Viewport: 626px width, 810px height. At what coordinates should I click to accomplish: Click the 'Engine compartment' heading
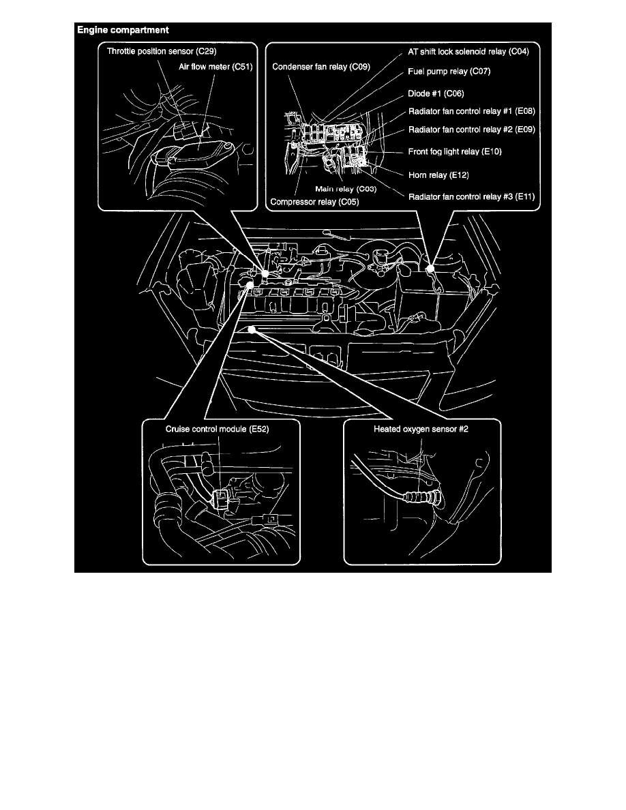pyautogui.click(x=123, y=30)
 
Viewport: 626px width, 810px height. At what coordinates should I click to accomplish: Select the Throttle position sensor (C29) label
pyautogui.click(x=162, y=51)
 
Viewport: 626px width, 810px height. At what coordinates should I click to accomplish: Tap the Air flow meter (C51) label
pyautogui.click(x=215, y=67)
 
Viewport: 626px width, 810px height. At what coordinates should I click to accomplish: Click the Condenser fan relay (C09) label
pyautogui.click(x=321, y=67)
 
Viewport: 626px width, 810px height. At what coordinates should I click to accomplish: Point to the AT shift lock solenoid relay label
pyautogui.click(x=468, y=52)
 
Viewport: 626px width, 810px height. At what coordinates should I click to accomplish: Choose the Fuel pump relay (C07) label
pyautogui.click(x=449, y=72)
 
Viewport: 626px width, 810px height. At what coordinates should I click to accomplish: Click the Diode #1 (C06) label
pyautogui.click(x=436, y=93)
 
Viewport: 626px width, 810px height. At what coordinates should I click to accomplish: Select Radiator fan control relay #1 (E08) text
pyautogui.click(x=472, y=111)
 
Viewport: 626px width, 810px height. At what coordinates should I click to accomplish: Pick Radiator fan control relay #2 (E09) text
pyautogui.click(x=472, y=130)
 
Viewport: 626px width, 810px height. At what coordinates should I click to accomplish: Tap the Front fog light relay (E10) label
pyautogui.click(x=455, y=151)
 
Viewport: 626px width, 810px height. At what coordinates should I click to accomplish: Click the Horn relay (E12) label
pyautogui.click(x=438, y=175)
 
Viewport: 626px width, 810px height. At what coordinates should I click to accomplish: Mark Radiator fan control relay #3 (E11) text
pyautogui.click(x=472, y=197)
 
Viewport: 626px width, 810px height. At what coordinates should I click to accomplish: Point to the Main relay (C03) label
pyautogui.click(x=346, y=189)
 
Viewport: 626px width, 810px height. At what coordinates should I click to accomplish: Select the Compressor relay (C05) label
pyautogui.click(x=314, y=202)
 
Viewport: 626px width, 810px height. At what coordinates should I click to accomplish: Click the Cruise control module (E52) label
pyautogui.click(x=217, y=430)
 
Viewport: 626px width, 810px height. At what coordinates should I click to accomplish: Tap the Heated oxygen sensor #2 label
pyautogui.click(x=421, y=430)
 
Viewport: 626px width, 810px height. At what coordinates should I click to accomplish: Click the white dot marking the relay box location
pyautogui.click(x=430, y=267)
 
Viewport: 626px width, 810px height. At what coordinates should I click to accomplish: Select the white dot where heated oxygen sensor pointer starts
pyautogui.click(x=252, y=329)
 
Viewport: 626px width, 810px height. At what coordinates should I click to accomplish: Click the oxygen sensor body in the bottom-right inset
pyautogui.click(x=423, y=498)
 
